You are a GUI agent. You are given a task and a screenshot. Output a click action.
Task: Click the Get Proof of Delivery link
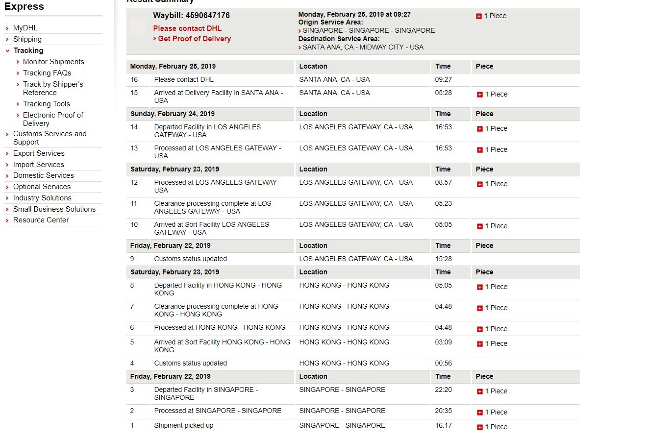point(194,39)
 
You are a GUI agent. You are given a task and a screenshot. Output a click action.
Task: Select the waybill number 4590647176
point(208,16)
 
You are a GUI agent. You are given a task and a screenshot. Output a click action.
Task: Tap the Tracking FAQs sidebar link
point(47,73)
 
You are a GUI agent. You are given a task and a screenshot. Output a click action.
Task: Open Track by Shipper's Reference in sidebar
point(53,88)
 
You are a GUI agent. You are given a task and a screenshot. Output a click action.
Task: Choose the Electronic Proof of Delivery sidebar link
point(53,119)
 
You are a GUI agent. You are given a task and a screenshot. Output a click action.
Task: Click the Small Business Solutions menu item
point(54,209)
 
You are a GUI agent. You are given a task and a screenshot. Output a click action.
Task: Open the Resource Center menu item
point(41,220)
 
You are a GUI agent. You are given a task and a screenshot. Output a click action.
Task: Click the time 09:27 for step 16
point(443,79)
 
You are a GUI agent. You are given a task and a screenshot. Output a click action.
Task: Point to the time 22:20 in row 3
point(443,389)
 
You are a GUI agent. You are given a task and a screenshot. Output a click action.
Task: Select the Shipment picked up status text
point(184,425)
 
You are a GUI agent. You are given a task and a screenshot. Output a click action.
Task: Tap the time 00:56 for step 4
point(443,363)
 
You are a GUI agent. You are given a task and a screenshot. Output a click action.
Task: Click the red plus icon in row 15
point(479,95)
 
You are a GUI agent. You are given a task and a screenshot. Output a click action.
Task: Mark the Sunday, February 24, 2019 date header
point(173,114)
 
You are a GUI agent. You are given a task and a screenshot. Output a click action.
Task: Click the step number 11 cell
point(134,203)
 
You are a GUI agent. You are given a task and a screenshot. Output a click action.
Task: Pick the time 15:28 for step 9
point(443,259)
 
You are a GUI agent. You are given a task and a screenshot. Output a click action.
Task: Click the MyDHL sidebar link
point(25,28)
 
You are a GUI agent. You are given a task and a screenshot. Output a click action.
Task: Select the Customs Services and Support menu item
point(50,138)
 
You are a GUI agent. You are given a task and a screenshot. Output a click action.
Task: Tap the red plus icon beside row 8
point(479,287)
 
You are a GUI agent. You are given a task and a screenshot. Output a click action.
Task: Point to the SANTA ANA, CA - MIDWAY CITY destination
point(363,48)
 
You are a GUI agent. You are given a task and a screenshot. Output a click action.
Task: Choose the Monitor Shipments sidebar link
point(53,62)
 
